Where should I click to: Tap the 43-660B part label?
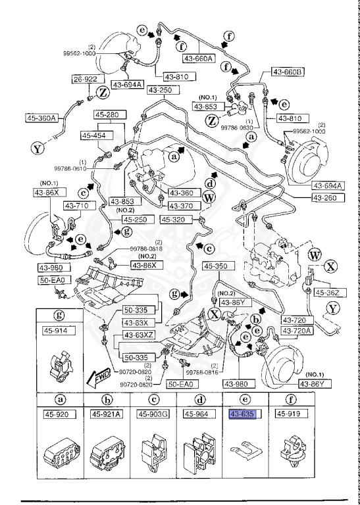[x=285, y=72]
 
